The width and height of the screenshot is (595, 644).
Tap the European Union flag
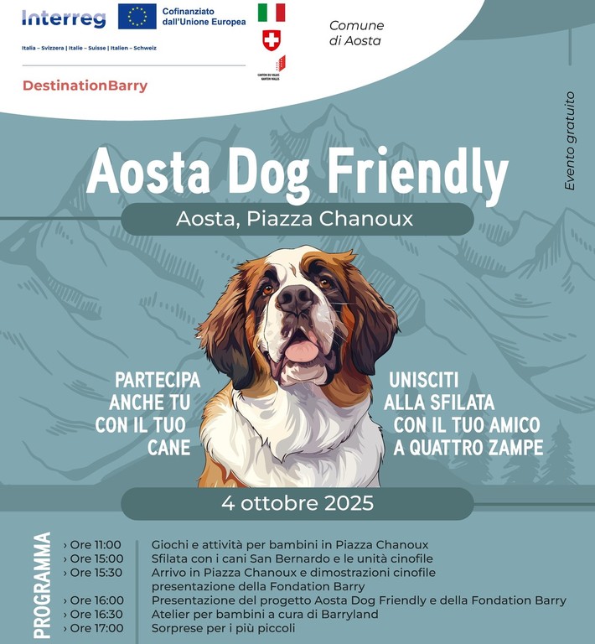point(137,16)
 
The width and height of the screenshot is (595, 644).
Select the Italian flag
point(271,12)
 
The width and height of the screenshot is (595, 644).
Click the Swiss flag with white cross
point(271,39)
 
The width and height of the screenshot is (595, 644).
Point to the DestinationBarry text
point(85,86)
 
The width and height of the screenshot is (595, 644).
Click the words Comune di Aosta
point(356,33)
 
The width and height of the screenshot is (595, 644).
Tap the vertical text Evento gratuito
point(570,141)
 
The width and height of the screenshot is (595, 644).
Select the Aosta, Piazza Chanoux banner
point(297,219)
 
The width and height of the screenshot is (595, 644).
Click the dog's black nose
point(297,299)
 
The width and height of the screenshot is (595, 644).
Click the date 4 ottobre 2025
point(297,504)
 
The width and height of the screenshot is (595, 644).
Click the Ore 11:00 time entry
point(96,545)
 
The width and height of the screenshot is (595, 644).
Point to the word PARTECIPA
point(158,379)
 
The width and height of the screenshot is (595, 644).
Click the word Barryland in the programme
point(349,615)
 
